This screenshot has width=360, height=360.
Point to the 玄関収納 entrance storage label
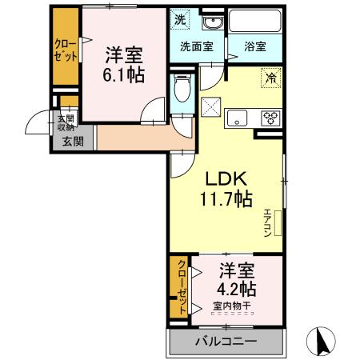[65, 122]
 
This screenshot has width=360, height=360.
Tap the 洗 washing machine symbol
[180, 18]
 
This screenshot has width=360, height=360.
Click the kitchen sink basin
[238, 118]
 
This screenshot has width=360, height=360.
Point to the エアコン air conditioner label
[266, 222]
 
